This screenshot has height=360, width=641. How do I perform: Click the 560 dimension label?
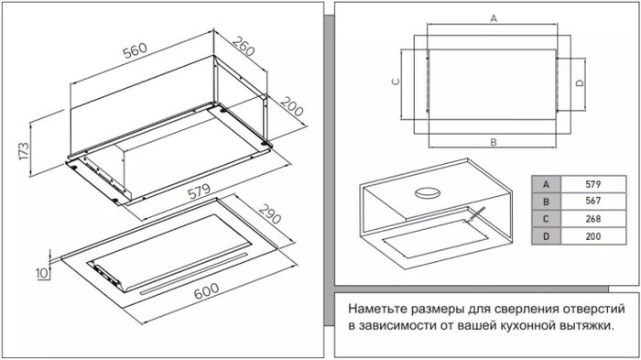(135, 49)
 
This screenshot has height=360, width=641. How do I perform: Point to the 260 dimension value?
(244, 46)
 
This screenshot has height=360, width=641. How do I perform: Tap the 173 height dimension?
(24, 151)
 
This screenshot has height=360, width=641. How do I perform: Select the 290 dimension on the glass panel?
(270, 213)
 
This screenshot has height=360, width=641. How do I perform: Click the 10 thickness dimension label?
(42, 273)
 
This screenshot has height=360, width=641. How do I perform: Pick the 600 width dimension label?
(206, 291)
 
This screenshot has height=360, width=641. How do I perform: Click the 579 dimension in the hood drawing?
(199, 191)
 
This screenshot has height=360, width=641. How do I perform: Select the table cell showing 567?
(593, 201)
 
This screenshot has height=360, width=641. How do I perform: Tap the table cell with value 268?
(593, 218)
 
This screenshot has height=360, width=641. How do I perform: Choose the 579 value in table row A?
(593, 184)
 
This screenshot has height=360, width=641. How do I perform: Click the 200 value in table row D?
(593, 236)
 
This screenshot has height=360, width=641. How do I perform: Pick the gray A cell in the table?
(546, 184)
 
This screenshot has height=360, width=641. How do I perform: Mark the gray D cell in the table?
(546, 236)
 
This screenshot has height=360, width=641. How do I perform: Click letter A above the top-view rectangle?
(494, 18)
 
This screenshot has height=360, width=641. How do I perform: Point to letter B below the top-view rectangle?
(494, 142)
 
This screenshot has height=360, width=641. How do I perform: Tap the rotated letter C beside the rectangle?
(396, 82)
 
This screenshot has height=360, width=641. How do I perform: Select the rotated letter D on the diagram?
(580, 83)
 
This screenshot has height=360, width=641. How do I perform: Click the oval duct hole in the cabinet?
(428, 192)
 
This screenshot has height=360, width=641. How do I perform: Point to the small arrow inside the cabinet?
(476, 214)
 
